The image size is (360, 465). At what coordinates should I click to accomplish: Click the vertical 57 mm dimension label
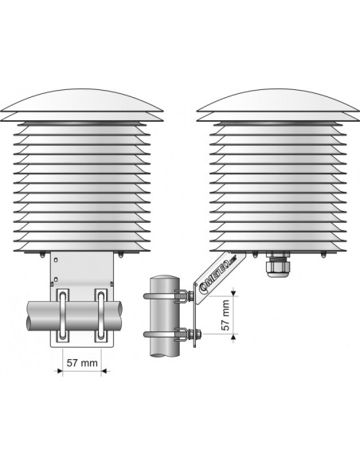coord(227,315)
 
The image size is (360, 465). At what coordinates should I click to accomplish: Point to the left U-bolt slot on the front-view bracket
coord(61,316)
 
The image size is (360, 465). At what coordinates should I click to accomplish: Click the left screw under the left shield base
coord(41,255)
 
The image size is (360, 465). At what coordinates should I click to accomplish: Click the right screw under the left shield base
coord(119,255)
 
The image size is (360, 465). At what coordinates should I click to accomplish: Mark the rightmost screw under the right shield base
coord(323,255)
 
